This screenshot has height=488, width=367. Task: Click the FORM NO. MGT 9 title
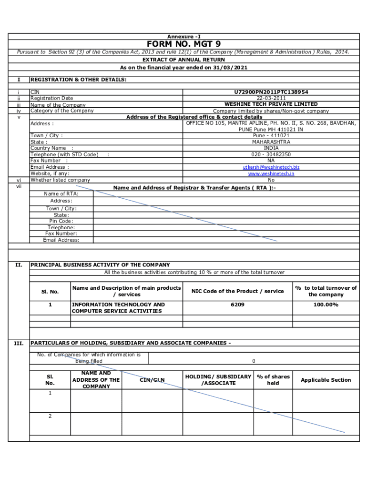[183, 44]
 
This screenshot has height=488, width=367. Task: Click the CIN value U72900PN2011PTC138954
[271, 91]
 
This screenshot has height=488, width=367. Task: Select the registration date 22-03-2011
[271, 98]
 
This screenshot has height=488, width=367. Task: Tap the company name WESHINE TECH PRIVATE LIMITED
[271, 104]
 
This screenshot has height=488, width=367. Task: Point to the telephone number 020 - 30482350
[271, 154]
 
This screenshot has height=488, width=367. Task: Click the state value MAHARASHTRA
[271, 142]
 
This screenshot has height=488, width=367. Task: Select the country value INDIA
[271, 148]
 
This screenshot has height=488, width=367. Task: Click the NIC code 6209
[237, 305]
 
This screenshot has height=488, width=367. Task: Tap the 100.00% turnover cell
[326, 305]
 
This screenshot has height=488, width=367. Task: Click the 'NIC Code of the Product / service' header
[237, 291]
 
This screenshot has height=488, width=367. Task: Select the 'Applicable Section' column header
[326, 380]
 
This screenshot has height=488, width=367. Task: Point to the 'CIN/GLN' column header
[152, 380]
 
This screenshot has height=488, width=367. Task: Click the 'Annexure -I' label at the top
[183, 36]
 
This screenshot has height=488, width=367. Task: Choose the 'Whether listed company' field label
[60, 180]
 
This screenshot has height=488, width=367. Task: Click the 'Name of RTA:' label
[61, 193]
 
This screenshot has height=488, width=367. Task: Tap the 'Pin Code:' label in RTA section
[61, 221]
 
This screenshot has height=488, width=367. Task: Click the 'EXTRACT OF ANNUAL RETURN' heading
[183, 60]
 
